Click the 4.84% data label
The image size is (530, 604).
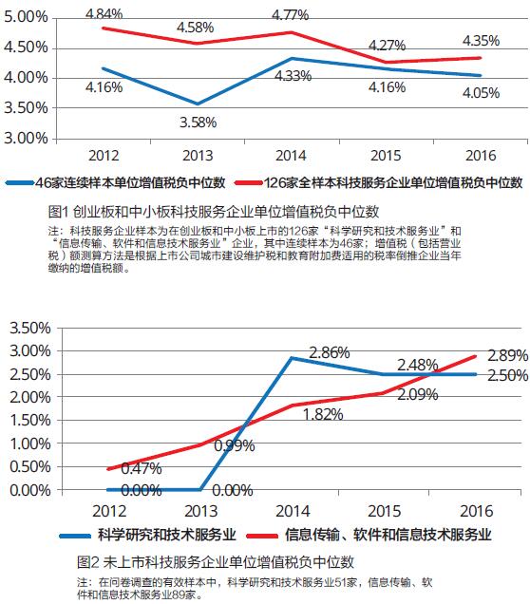[x=104, y=14]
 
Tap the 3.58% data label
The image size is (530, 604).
[x=198, y=123]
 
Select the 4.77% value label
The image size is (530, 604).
[x=291, y=15]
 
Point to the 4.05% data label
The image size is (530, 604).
[x=481, y=93]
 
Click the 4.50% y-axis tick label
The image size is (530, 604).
[x=26, y=47]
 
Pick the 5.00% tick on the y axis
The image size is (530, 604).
[x=26, y=17]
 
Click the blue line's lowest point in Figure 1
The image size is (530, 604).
[x=198, y=104]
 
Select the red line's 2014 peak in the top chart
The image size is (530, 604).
[x=292, y=32]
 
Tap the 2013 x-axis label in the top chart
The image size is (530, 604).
[x=198, y=156]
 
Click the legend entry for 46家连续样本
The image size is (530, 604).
[x=116, y=182]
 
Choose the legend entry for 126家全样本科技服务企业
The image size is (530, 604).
[x=379, y=182]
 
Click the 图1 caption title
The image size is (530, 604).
[x=214, y=212]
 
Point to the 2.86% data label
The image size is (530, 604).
[x=330, y=352]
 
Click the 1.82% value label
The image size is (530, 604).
[x=323, y=414]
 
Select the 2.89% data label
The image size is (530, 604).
[x=507, y=355]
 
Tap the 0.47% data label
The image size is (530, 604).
[x=142, y=468]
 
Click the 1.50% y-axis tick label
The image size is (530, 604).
[x=30, y=421]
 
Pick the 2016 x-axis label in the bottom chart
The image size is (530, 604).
[x=477, y=511]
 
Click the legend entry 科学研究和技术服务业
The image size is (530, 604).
[x=148, y=535]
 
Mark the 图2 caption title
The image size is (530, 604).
[x=216, y=562]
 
